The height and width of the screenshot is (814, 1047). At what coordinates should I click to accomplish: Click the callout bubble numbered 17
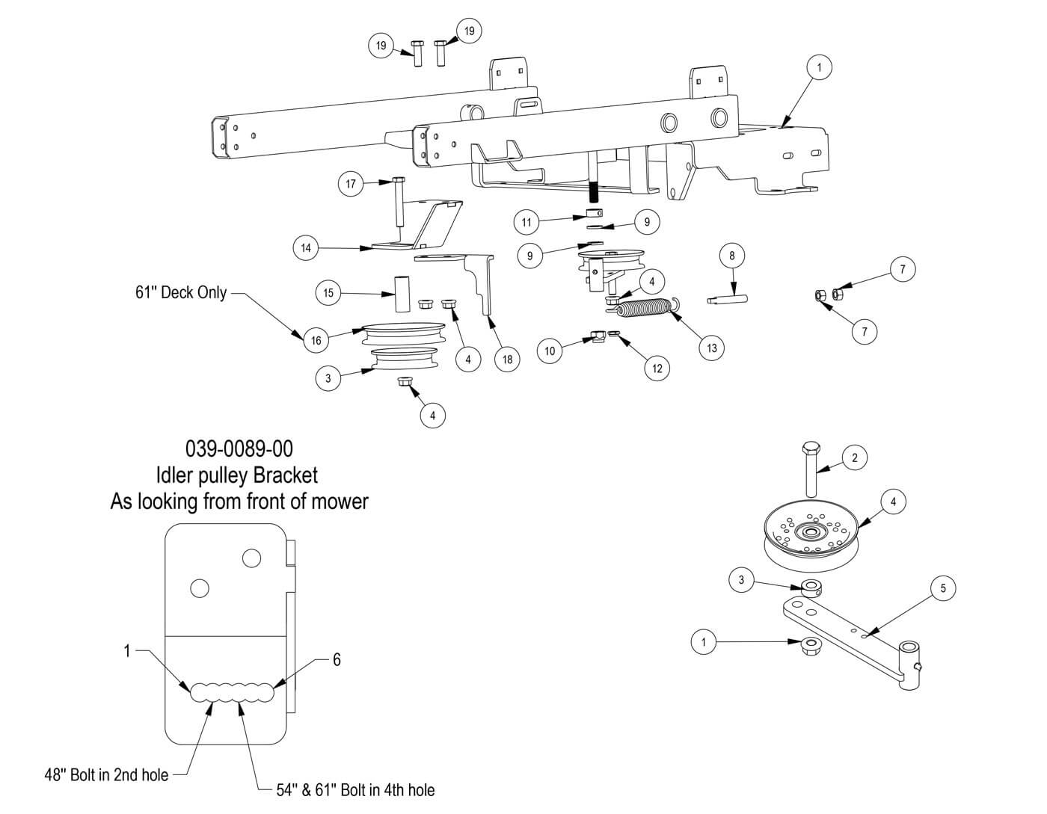(x=350, y=183)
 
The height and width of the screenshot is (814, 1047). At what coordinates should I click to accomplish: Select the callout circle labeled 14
(x=306, y=247)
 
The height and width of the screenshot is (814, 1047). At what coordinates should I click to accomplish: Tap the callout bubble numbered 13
(x=711, y=348)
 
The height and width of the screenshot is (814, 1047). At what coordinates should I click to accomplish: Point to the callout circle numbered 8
(x=731, y=256)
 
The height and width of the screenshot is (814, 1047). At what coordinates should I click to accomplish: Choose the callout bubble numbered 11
(x=526, y=222)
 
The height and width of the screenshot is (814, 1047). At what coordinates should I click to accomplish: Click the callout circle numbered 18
(x=507, y=360)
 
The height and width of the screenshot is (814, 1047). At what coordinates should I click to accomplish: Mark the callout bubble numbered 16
(x=316, y=341)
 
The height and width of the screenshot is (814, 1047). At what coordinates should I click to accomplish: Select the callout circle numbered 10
(x=550, y=351)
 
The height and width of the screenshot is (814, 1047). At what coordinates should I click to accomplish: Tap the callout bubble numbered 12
(x=657, y=369)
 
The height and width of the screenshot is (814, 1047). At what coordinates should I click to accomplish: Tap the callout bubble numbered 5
(x=943, y=588)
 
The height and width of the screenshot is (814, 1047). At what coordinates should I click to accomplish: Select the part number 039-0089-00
(x=239, y=448)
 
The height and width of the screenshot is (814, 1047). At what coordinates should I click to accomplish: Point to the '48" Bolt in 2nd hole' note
(x=106, y=775)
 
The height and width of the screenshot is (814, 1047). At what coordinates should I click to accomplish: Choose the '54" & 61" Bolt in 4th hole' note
(x=355, y=790)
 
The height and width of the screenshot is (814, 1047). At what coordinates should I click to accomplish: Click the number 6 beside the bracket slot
(x=337, y=659)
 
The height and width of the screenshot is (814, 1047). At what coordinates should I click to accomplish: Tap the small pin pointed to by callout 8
(x=728, y=301)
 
